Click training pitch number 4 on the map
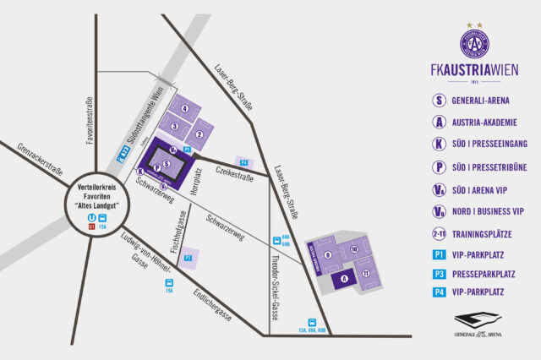coord(184,109)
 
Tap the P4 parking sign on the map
coord(243,161)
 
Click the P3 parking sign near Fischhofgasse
coord(188,256)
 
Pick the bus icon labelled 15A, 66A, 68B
coord(312,322)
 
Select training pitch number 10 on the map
coord(355,250)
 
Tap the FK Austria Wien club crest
coord(475,42)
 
